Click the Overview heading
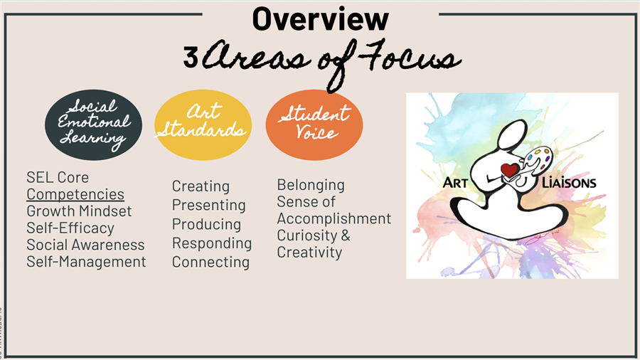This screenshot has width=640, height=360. tap(321, 19)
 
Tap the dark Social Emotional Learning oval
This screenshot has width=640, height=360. tap(93, 125)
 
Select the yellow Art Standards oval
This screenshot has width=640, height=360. tap(203, 125)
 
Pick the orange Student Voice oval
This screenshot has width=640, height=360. tap(314, 125)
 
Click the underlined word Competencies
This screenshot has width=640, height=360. tap(75, 194)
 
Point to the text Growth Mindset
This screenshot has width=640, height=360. tap(79, 211)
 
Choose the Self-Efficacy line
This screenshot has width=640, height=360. tap(70, 228)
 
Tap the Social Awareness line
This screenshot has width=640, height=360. tap(85, 245)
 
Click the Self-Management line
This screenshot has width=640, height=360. tap(86, 262)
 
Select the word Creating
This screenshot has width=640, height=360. tap(201, 186)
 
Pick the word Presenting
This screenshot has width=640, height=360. tap(208, 206)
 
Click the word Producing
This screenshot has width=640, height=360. tap(206, 224)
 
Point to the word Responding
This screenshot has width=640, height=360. tap(212, 243)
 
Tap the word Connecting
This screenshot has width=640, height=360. tap(210, 262)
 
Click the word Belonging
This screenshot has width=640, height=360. tap(311, 185)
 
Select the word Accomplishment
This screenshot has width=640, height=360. tap(334, 219)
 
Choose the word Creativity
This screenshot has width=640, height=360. tap(309, 253)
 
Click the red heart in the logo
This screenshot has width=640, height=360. tap(509, 170)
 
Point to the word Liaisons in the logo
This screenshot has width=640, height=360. tap(569, 182)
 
